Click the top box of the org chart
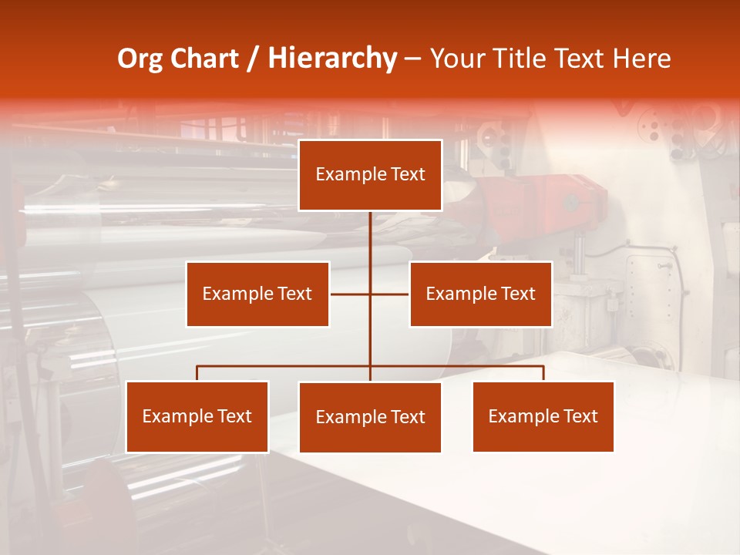[370, 175]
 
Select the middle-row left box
[257, 294]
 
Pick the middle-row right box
[480, 294]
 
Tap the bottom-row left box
[197, 416]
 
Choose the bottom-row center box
[370, 417]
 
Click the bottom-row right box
[543, 416]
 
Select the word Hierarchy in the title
[332, 59]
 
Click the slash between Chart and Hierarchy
[253, 59]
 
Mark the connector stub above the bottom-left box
[197, 373]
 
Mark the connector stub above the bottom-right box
[543, 373]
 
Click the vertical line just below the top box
[370, 231]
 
